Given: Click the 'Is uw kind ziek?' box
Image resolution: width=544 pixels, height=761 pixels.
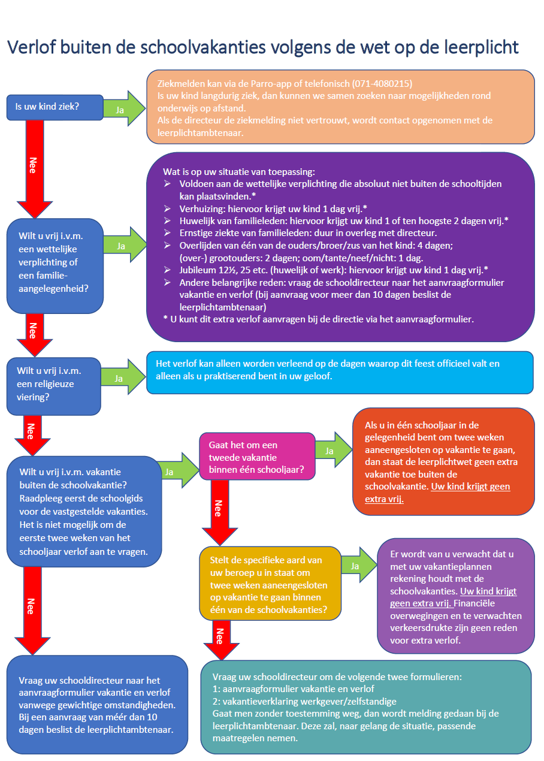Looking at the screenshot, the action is tap(55, 107).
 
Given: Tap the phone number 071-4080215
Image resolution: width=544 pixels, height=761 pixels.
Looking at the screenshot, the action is tap(382, 83).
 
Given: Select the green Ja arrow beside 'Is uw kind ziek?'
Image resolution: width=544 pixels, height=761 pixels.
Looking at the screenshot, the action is tap(125, 108).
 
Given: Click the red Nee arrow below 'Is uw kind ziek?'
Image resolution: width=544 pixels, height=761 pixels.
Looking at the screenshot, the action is tap(35, 169).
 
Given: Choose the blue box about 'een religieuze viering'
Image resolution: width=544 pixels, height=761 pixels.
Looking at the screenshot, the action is tap(54, 386).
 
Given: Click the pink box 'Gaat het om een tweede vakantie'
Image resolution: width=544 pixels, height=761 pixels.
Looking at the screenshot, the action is tap(257, 456).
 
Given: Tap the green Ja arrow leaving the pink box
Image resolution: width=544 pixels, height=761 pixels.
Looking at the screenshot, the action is tap(334, 449).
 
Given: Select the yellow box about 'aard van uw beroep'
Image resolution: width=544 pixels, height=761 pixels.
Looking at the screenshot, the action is tap(270, 584).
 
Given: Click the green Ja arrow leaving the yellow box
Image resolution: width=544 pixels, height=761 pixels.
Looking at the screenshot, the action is tap(359, 565).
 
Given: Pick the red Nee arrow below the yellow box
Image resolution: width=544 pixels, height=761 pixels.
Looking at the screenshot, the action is tap(221, 639).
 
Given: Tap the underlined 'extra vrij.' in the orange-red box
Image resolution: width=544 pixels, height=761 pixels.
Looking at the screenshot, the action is tap(384, 499).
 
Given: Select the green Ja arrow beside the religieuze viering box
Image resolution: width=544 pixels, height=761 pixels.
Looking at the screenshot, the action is tap(123, 377).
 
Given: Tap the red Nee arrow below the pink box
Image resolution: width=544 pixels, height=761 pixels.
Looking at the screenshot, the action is tap(220, 512).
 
